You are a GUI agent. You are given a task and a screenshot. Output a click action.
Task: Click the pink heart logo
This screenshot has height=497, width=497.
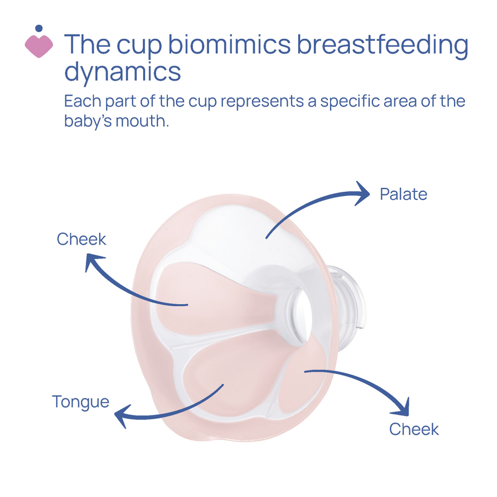(39, 45)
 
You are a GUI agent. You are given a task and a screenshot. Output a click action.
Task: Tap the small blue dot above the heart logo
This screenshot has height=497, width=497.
(39, 28)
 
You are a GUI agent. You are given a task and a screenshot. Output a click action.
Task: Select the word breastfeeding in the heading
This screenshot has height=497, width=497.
(382, 45)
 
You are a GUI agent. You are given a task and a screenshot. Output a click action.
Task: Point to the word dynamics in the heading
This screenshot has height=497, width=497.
(122, 72)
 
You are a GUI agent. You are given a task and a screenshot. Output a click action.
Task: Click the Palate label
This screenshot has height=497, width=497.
(403, 194)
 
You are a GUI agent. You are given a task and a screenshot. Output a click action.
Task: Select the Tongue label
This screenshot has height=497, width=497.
(81, 401)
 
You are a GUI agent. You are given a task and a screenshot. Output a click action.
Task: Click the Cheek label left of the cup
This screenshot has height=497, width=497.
(82, 239)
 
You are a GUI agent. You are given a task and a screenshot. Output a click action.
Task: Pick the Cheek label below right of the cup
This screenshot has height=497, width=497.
(414, 429)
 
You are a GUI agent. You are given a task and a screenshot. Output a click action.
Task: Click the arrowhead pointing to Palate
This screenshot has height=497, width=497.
(362, 193)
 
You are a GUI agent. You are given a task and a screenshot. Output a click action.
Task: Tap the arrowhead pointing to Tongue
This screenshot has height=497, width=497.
(123, 415)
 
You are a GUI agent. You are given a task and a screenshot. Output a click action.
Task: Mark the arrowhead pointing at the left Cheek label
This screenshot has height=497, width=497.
(94, 262)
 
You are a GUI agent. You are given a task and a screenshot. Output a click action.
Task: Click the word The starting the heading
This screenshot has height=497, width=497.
(87, 45)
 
